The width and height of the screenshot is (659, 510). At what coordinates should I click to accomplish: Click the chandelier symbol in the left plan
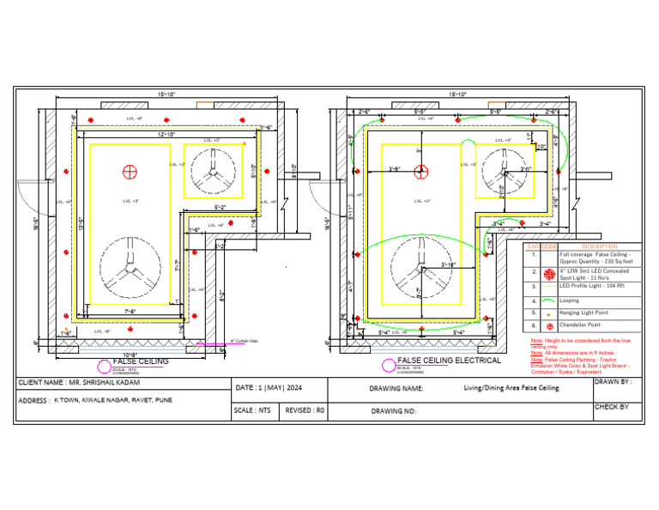point(130,171)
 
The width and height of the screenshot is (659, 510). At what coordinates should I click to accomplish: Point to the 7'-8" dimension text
point(133,310)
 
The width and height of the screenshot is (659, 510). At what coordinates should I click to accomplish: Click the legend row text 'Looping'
point(570,301)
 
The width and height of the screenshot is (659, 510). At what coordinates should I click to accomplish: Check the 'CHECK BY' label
point(612,407)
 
